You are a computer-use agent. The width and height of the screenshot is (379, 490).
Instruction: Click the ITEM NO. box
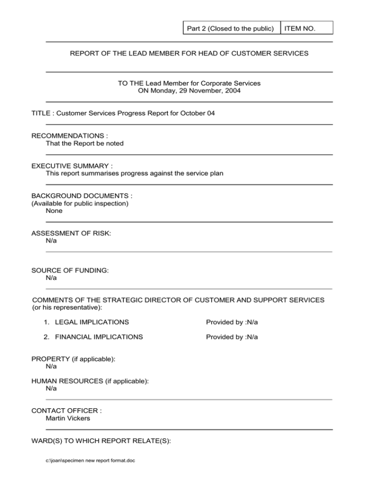click(x=306, y=28)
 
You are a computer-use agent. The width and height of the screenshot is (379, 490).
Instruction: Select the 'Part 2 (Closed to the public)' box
click(x=230, y=28)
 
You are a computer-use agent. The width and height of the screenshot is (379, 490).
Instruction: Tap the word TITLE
click(x=42, y=113)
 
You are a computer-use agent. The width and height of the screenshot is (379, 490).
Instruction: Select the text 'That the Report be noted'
click(x=84, y=143)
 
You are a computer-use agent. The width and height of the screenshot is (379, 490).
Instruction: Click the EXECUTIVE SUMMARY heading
click(x=72, y=165)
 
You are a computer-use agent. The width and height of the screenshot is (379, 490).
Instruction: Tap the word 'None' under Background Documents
click(x=54, y=210)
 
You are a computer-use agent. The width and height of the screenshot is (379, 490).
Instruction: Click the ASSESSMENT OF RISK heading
click(x=71, y=233)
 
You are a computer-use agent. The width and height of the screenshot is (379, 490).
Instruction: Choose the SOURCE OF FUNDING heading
click(x=70, y=270)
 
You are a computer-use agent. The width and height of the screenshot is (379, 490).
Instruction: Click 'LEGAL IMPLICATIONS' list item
click(x=92, y=322)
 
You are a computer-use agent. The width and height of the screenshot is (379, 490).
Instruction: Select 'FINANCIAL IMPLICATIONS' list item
click(x=99, y=337)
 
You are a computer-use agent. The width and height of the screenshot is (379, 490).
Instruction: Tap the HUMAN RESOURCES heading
click(x=90, y=381)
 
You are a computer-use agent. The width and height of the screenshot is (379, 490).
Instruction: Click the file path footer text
click(x=90, y=460)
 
